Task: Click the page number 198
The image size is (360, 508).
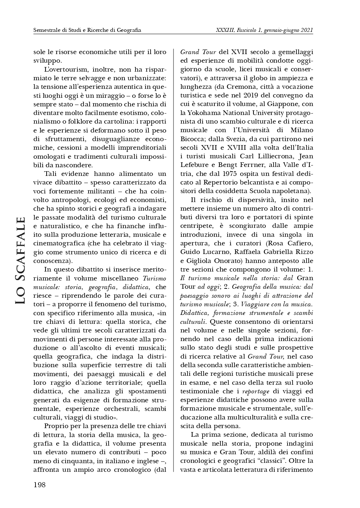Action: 39,485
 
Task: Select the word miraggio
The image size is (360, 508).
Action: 133,95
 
